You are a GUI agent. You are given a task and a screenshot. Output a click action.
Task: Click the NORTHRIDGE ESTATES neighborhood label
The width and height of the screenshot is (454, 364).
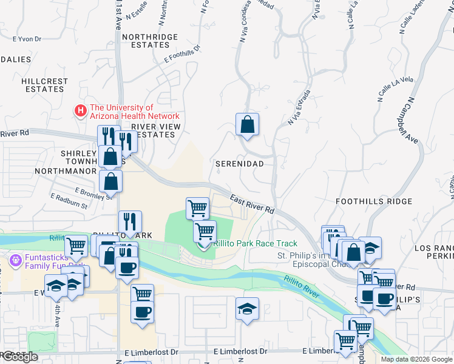tap(150, 41)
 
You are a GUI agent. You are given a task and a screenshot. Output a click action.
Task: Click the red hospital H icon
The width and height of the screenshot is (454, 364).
tap(80, 110)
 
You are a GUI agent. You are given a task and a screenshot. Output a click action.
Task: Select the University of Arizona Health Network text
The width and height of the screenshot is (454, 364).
tap(134, 112)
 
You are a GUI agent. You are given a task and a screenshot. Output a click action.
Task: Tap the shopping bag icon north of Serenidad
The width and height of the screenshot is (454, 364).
tap(247, 125)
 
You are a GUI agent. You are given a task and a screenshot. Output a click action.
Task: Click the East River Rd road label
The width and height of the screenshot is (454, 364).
tap(252, 203)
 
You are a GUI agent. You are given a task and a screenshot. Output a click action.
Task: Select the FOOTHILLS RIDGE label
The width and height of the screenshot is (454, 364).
tap(365, 201)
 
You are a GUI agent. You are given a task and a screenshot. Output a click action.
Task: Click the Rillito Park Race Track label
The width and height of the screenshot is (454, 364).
tap(255, 243)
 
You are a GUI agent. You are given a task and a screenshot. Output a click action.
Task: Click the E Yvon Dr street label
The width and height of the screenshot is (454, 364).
tap(26, 39)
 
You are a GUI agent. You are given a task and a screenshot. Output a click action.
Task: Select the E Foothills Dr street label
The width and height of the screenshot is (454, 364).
tap(182, 53)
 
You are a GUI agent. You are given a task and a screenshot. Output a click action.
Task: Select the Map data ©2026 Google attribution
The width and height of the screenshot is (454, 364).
tap(416, 359)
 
